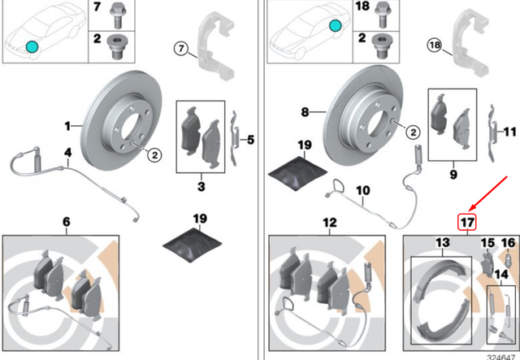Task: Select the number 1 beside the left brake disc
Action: pyautogui.click(x=69, y=126)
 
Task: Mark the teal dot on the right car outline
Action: pyautogui.click(x=334, y=26)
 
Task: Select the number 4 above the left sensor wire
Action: pyautogui.click(x=68, y=153)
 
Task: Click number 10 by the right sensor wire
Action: pyautogui.click(x=362, y=189)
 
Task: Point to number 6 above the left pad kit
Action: pyautogui.click(x=66, y=221)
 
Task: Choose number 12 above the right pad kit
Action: pyautogui.click(x=328, y=221)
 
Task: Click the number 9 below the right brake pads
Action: pyautogui.click(x=453, y=172)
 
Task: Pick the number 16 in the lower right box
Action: pyautogui.click(x=507, y=242)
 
